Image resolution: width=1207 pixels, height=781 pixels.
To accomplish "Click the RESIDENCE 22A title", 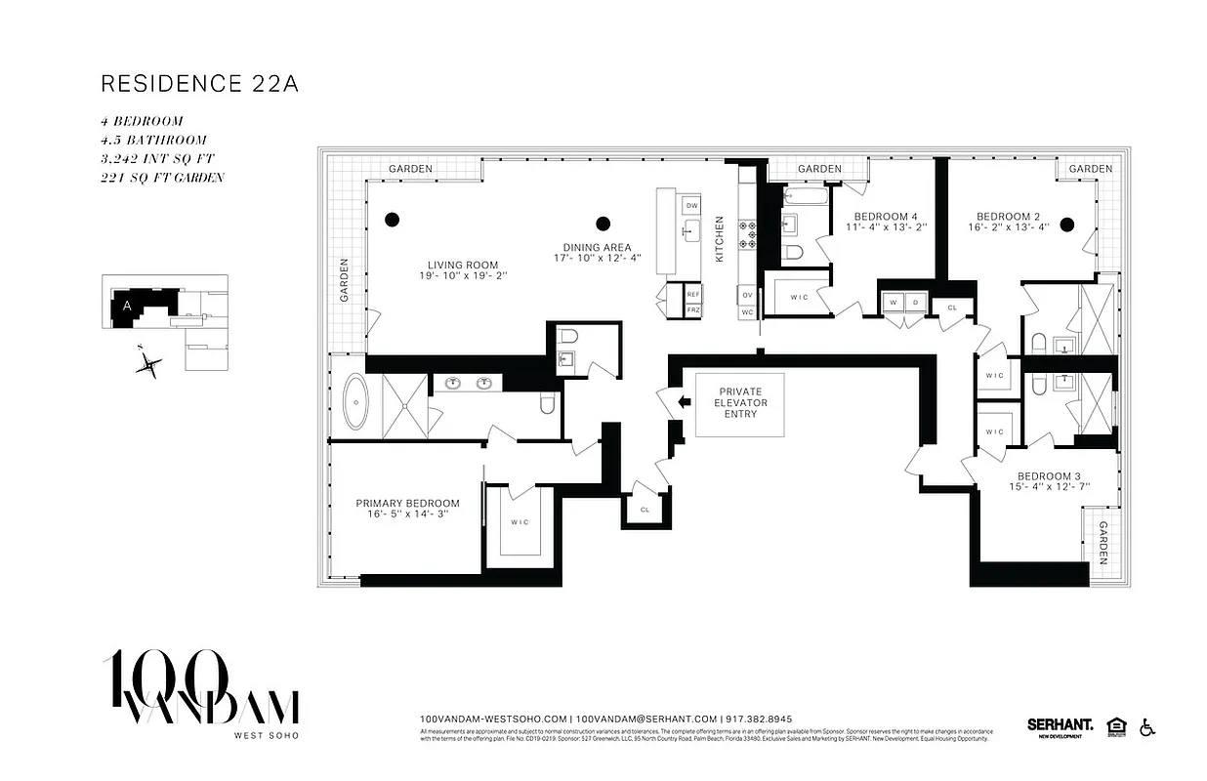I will click(199, 84).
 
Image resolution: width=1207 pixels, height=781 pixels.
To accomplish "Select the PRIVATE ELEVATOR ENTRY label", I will click(740, 403).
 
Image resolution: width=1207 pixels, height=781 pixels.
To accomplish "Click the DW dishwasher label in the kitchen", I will click(692, 205).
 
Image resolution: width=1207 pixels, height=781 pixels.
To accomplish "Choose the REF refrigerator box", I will click(692, 294).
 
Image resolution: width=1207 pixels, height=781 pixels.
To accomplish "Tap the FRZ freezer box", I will click(692, 309).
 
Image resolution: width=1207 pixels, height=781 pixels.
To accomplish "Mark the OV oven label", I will click(747, 294).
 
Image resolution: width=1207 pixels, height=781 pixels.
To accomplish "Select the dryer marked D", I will click(916, 304).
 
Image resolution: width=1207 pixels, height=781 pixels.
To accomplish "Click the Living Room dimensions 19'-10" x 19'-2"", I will click(462, 276).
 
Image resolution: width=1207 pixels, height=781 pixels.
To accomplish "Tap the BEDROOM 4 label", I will click(886, 217).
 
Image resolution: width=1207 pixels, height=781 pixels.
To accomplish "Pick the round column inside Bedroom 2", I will click(1067, 224).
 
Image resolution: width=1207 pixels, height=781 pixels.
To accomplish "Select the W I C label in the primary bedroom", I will click(520, 522).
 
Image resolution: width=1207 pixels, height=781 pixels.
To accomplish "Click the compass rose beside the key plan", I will click(148, 365).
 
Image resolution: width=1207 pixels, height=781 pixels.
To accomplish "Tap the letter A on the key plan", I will click(126, 305).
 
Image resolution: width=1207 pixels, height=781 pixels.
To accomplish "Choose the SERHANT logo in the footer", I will click(1059, 725).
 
